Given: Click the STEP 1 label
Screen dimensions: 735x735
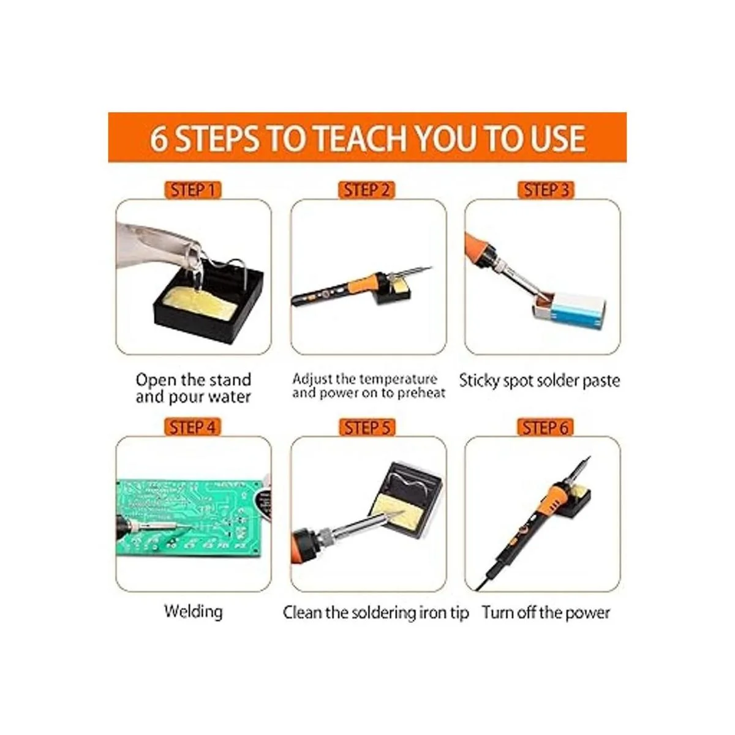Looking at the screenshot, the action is [x=193, y=190].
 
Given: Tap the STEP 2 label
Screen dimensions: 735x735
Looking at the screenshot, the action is [x=366, y=190].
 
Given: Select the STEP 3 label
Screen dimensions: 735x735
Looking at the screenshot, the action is [x=546, y=190].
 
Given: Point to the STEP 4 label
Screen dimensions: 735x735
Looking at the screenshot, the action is [x=192, y=427].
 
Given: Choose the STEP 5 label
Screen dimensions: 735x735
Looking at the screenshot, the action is [x=367, y=428].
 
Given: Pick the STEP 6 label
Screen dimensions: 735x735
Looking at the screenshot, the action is [x=546, y=428].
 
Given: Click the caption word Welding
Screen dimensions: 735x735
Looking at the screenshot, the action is [x=194, y=611].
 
